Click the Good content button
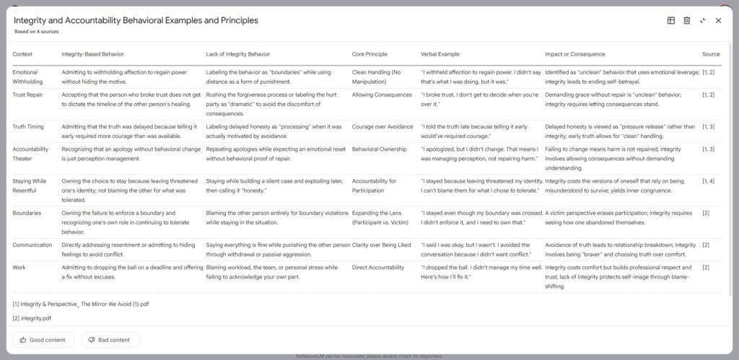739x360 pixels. [x=43, y=340]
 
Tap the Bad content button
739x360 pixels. [x=110, y=340]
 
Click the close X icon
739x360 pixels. [x=718, y=20]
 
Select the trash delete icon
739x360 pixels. [x=687, y=20]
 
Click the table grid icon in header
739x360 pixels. [x=671, y=20]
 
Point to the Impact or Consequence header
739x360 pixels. [x=575, y=54]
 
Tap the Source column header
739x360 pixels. [x=711, y=54]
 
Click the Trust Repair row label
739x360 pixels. [x=29, y=95]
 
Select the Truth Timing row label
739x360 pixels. [x=30, y=126]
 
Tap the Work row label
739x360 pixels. [x=19, y=267]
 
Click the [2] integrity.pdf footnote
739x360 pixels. [x=33, y=317]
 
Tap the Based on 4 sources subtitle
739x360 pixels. [x=36, y=32]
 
